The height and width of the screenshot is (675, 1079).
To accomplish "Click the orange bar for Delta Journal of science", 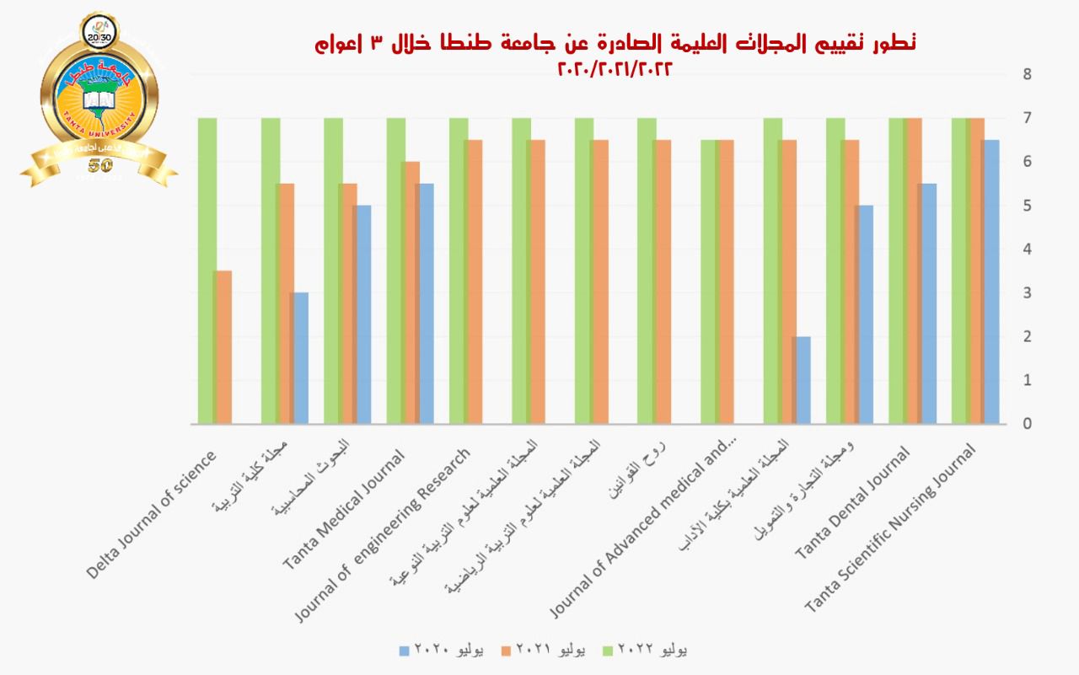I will tap(223, 346).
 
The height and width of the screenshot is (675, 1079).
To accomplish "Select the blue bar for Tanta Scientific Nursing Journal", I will tap(991, 281).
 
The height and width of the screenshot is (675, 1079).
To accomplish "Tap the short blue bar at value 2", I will tap(802, 379).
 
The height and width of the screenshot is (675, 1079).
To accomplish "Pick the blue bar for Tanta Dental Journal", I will tap(928, 303).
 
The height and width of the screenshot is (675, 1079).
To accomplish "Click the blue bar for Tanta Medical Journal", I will tap(426, 303).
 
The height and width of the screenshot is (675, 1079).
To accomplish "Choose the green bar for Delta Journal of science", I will tap(207, 270).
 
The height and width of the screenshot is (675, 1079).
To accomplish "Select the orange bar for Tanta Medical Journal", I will tap(411, 292).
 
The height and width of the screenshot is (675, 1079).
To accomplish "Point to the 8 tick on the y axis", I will tap(1027, 74).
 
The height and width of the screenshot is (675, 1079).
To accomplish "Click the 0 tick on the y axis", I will tap(1027, 423).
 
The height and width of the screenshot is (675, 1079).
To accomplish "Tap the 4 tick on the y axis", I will tap(1027, 249).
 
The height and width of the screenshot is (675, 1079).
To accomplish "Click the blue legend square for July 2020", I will tap(403, 651).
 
